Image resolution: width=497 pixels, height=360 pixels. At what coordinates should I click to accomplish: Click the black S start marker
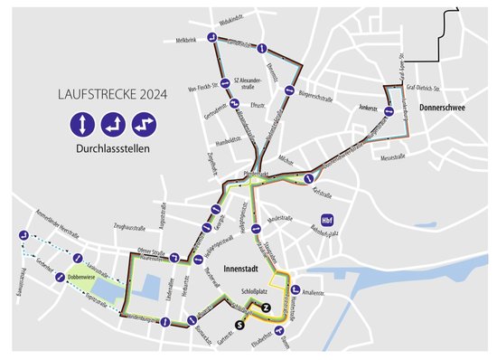click(239, 323)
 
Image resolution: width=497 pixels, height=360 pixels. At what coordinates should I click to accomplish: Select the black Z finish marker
click(266, 308)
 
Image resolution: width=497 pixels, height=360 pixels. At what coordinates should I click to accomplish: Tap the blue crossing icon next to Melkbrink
click(210, 38)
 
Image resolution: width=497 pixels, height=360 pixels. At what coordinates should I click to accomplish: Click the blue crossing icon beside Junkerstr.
click(387, 110)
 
